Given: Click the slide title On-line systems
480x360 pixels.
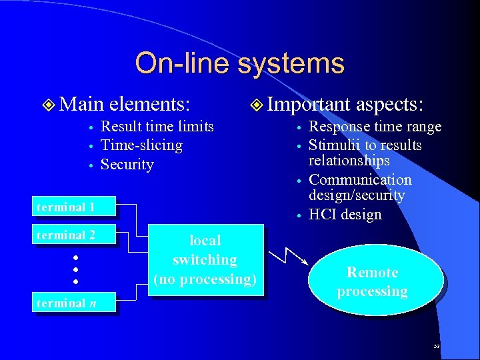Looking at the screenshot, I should pyautogui.click(x=239, y=64).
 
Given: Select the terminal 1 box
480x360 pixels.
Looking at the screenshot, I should pyautogui.click(x=74, y=207).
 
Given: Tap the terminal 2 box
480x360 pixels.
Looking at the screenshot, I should pyautogui.click(x=74, y=235).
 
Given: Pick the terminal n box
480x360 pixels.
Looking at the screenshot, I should pyautogui.click(x=74, y=303).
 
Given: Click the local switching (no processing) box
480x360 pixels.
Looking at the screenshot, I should pyautogui.click(x=205, y=259).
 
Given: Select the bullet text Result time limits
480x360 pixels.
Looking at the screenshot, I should pyautogui.click(x=157, y=127).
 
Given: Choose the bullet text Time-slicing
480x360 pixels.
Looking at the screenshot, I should pyautogui.click(x=141, y=145).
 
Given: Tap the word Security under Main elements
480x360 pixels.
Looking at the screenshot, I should pyautogui.click(x=127, y=165).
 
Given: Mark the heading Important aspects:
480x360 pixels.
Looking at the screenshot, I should pyautogui.click(x=345, y=104).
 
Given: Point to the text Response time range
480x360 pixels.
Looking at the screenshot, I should pyautogui.click(x=375, y=127).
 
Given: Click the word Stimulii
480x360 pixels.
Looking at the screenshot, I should pyautogui.click(x=333, y=145).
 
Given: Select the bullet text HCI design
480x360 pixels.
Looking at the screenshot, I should pyautogui.click(x=345, y=215).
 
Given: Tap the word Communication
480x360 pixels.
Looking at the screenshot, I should pyautogui.click(x=360, y=180).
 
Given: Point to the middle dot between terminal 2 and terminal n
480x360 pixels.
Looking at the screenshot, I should pyautogui.click(x=76, y=270).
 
